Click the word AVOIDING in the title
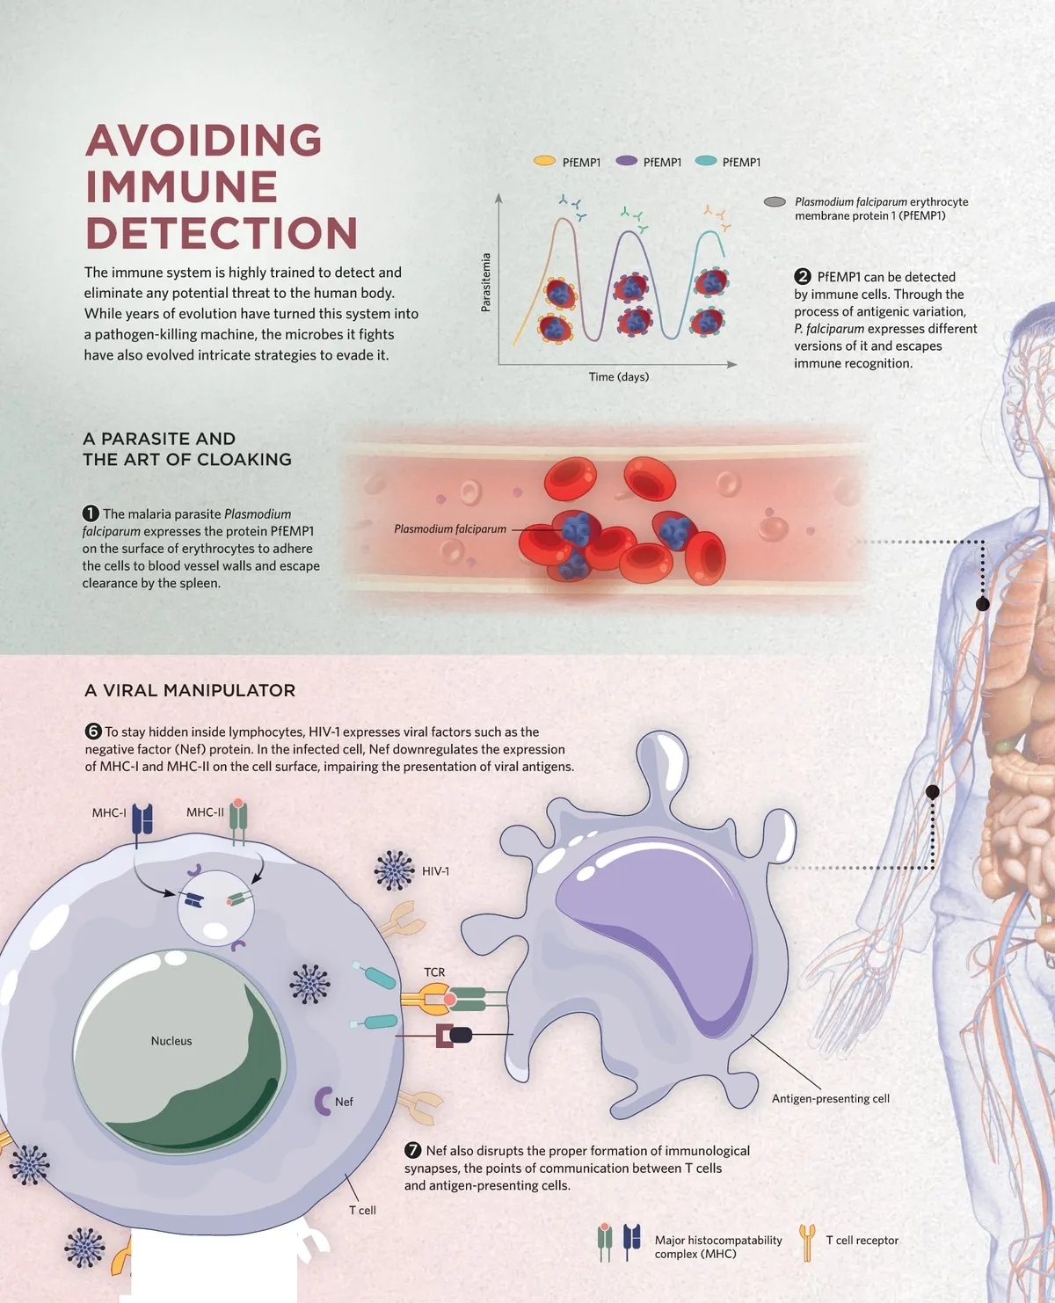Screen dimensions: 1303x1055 click(x=203, y=141)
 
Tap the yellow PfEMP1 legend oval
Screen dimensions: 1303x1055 click(x=545, y=161)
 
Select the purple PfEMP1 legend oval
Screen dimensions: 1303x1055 click(x=626, y=161)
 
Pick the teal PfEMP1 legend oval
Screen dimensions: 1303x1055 click(x=706, y=161)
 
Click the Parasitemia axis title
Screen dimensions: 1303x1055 click(x=486, y=282)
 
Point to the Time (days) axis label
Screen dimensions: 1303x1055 click(x=619, y=377)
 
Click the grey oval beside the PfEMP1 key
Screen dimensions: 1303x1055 click(x=775, y=202)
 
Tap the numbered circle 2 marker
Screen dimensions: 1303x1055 click(x=802, y=276)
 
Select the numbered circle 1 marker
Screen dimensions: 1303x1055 click(x=91, y=513)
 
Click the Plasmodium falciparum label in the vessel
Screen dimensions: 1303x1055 click(x=450, y=529)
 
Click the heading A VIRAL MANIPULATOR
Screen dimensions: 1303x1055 click(x=190, y=691)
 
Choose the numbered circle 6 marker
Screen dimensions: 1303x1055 click(x=93, y=732)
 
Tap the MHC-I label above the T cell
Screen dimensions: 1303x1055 click(x=109, y=813)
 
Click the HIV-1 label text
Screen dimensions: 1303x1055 click(x=435, y=871)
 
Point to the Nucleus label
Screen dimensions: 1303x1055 click(x=171, y=1041)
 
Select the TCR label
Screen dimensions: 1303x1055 click(x=434, y=972)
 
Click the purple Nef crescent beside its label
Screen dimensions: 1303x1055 click(x=323, y=1100)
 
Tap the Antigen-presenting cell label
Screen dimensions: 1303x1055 click(x=831, y=1099)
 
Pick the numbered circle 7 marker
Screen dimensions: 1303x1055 click(x=413, y=1151)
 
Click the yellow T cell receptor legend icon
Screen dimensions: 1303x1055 click(x=807, y=1241)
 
